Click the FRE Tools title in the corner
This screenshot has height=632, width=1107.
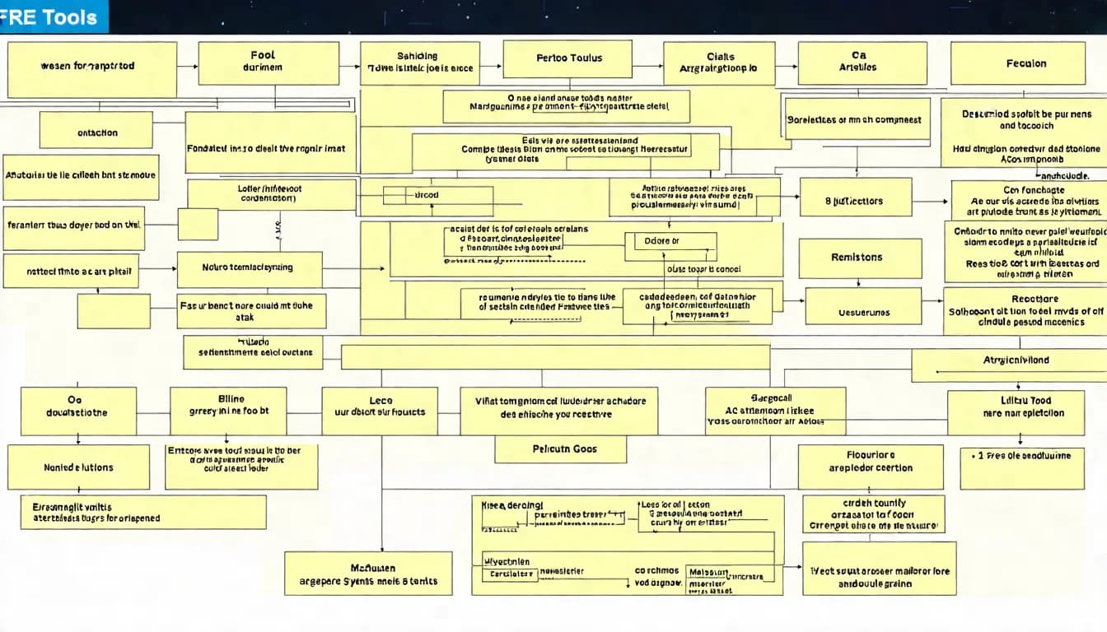tap(51, 17)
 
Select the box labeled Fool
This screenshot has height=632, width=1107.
tap(269, 63)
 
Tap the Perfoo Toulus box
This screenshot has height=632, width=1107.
tap(568, 59)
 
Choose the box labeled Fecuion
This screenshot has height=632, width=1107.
tap(1017, 63)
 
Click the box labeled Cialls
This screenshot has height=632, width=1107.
tap(719, 63)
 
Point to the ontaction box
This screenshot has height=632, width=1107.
tap(96, 132)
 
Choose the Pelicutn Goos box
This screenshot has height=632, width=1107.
tap(560, 449)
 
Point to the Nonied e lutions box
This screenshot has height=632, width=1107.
tap(78, 467)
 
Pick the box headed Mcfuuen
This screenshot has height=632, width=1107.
tap(368, 574)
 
